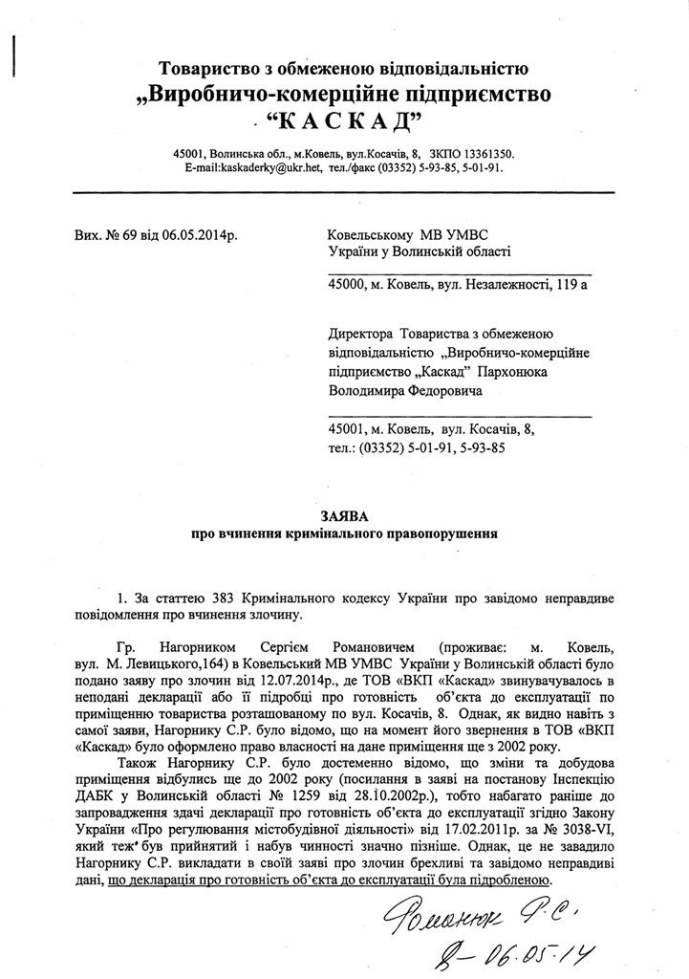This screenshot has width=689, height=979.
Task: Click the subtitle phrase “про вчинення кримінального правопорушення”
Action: (x=345, y=532)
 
